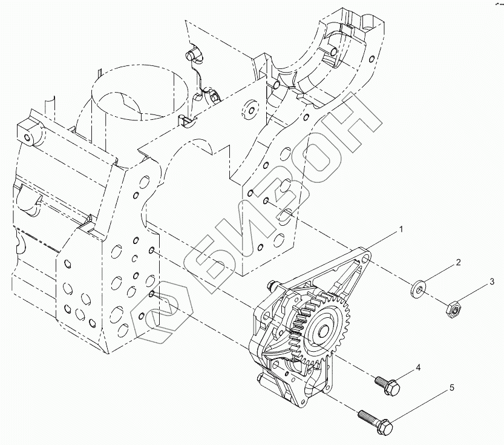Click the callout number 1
[400, 229]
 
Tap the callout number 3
[492, 280]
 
